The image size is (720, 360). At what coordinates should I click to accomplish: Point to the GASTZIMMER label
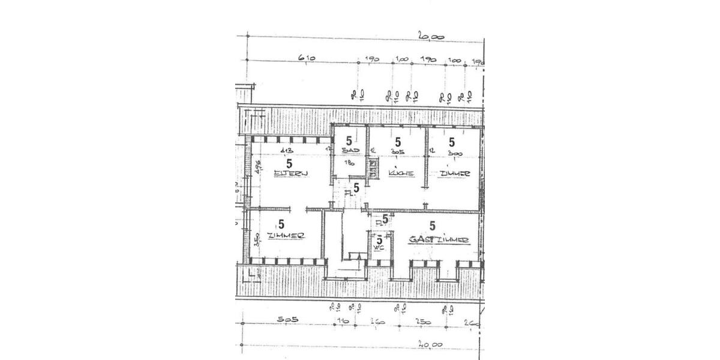click(438, 239)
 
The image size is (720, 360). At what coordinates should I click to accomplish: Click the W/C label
click(379, 247)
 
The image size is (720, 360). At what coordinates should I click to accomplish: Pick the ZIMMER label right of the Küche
click(454, 173)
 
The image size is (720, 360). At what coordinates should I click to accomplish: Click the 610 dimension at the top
click(307, 58)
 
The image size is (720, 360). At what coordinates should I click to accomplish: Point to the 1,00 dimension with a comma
click(401, 59)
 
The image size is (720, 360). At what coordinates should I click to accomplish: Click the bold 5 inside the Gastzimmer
click(433, 226)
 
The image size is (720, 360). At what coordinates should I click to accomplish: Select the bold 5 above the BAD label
click(348, 142)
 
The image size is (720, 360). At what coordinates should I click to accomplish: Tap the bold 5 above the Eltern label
click(289, 163)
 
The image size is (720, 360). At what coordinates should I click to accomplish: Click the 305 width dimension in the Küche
click(395, 152)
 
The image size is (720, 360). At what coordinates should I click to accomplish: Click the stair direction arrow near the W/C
click(358, 257)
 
